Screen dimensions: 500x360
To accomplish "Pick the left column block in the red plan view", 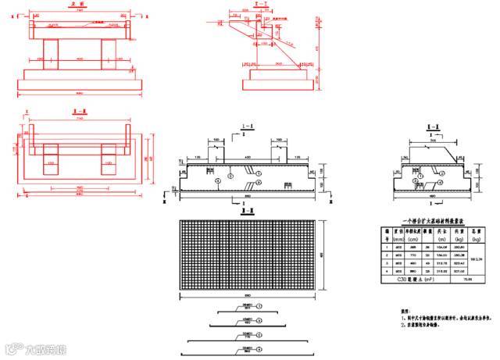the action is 46,167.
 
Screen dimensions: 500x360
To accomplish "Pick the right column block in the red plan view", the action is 106,167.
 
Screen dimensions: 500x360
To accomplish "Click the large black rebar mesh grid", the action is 248,253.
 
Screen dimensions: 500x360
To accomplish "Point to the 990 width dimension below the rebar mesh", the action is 248,298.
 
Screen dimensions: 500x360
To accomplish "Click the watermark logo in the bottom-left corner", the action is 23,349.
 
